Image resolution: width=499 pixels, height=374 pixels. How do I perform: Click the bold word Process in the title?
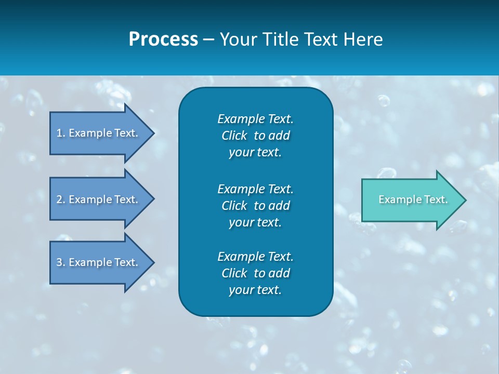[163, 39]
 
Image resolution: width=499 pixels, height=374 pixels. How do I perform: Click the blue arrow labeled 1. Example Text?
[99, 133]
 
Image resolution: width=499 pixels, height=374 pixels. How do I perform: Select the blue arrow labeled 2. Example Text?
[99, 199]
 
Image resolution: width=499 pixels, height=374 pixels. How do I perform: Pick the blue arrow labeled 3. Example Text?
[99, 262]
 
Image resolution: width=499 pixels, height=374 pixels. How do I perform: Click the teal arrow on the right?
[411, 200]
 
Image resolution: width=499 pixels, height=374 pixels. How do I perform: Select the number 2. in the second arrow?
[61, 199]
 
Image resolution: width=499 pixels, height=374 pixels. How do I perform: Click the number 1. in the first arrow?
[61, 133]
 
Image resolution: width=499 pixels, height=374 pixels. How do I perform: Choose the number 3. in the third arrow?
[61, 262]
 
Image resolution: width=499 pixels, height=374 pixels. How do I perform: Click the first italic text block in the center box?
[255, 136]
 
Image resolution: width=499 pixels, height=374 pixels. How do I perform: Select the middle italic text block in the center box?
[255, 206]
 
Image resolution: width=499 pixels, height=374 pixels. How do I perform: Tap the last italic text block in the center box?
[255, 273]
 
